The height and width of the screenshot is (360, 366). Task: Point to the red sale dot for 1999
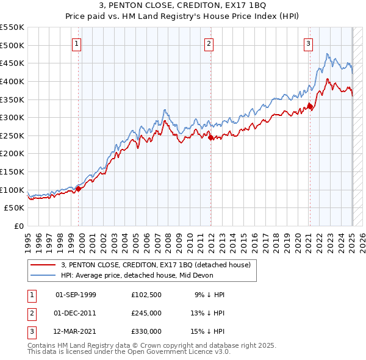[x=78, y=189]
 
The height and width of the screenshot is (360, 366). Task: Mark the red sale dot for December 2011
[x=210, y=138]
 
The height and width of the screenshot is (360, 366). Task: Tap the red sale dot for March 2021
[x=310, y=107]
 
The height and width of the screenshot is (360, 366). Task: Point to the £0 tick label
[x=18, y=226]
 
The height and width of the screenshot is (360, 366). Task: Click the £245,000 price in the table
[x=146, y=313]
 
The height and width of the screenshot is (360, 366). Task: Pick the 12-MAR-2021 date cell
[x=76, y=331]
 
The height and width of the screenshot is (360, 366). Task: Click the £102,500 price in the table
[x=146, y=295]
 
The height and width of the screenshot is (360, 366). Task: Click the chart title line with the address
[x=183, y=8]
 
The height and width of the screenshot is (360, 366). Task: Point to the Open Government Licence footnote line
[x=129, y=352]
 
